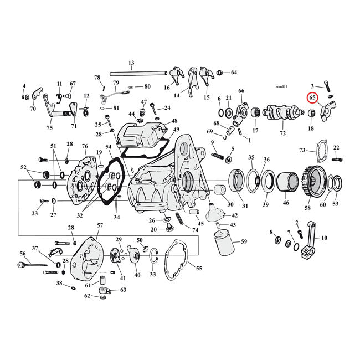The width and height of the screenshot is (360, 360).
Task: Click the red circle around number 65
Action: pos(313,99)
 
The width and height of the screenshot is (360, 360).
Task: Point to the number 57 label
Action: pos(100,225)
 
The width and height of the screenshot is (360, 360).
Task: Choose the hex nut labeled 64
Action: pos(220,73)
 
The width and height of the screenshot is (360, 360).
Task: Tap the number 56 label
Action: pos(23,253)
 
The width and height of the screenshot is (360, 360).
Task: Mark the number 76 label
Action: pos(85,147)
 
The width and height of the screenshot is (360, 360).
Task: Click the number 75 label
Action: pos(49,128)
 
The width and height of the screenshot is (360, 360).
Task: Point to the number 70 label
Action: pos(33,109)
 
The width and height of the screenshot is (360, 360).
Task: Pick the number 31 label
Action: pos(245,206)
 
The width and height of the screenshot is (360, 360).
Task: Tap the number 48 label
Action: pos(174,121)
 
